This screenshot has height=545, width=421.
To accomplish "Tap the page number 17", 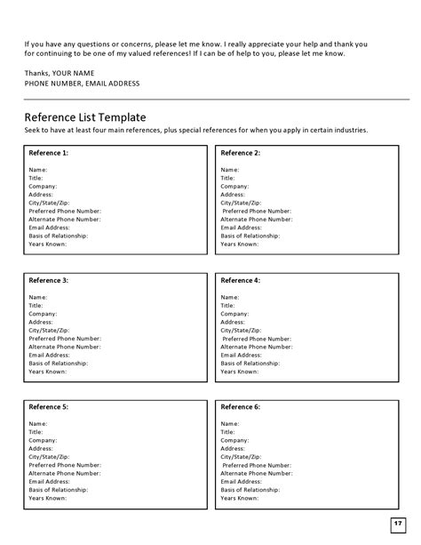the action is pyautogui.click(x=397, y=522).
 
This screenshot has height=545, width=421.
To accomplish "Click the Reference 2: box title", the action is pyautogui.click(x=240, y=153).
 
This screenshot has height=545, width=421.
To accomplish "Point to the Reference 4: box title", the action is pyautogui.click(x=240, y=280).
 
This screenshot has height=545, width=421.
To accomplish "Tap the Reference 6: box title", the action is pyautogui.click(x=240, y=406).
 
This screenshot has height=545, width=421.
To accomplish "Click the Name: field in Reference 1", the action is pyautogui.click(x=38, y=169).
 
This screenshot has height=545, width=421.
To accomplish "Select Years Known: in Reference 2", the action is pyautogui.click(x=240, y=244).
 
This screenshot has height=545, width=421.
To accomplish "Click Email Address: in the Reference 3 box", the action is pyautogui.click(x=51, y=355).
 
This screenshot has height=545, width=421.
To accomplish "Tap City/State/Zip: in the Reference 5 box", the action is pyautogui.click(x=49, y=456).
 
